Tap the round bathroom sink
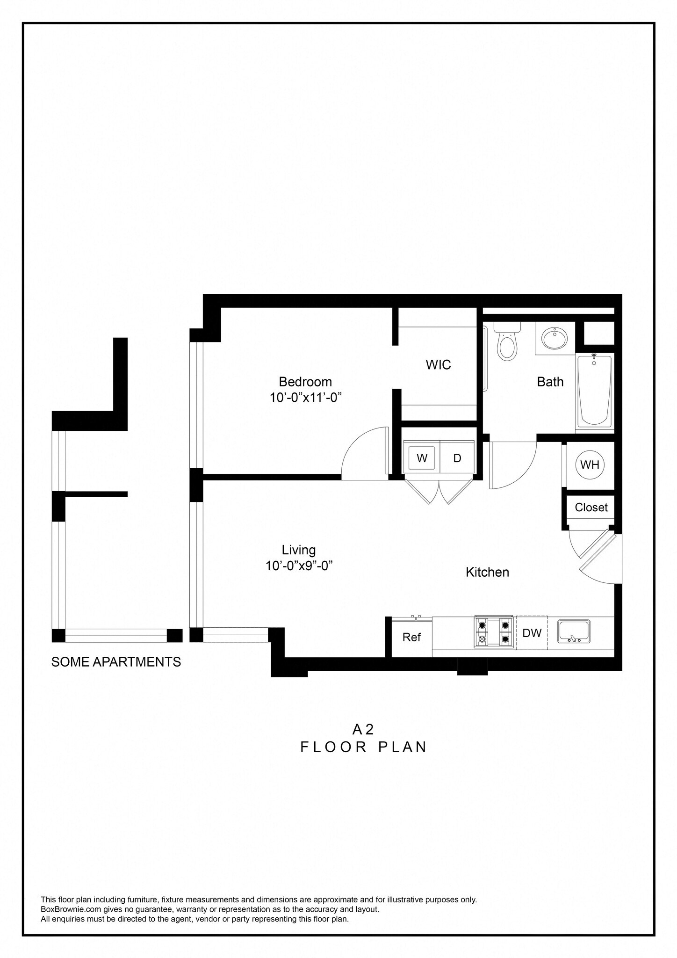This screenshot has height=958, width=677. pos(555,337)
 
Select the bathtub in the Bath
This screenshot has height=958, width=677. pos(594,391)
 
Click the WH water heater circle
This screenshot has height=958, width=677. pos(590,465)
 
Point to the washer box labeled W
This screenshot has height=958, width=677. pos(422,458)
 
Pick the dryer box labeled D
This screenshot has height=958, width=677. pos(457,458)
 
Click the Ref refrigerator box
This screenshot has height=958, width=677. pos(411,637)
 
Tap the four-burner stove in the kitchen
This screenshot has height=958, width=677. pos(493,631)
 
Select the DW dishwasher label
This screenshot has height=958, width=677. pos(532,633)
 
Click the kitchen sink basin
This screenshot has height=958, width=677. pos(574,631)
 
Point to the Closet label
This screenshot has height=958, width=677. pos(591,508)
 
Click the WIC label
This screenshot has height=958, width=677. pos(438,365)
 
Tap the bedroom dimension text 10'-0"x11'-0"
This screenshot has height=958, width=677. pos(306,398)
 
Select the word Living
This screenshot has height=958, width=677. pos(299,550)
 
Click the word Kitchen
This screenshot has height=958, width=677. pos(487,572)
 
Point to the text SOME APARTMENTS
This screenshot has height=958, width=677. pos(116,662)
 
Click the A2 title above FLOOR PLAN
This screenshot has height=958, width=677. pos(363,730)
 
